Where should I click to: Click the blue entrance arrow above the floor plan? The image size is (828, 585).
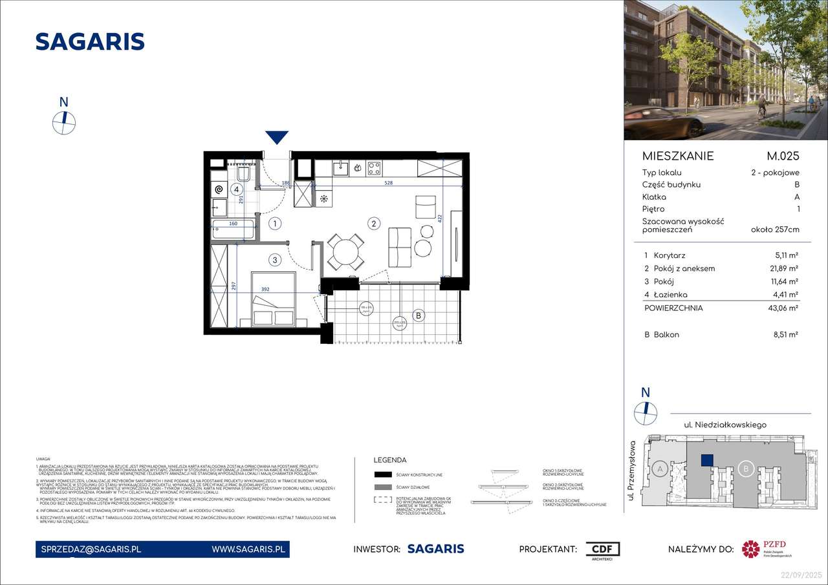pos(277,136)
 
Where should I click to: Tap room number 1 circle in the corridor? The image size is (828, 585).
pos(275,224)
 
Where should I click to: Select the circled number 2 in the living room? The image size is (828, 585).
pos(373,224)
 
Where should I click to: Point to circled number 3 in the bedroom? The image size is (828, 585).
pos(275,261)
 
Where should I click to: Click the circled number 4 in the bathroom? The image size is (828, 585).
pos(237,189)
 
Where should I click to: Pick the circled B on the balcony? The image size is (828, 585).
pos(419,315)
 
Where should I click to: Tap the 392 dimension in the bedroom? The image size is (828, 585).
pos(265,290)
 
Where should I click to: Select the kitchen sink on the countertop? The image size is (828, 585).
pos(340,168)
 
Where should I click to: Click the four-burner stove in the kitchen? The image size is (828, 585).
pos(374,168)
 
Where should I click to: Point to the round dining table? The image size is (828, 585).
pos(345,251)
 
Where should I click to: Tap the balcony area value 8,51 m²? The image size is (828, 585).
pos(785,335)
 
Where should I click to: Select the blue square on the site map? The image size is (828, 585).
pos(707,460)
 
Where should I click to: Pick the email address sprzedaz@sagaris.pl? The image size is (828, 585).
pos(89,549)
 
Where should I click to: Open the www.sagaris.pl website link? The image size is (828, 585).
pos(248,549)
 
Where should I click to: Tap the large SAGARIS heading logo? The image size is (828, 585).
pos(90,41)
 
